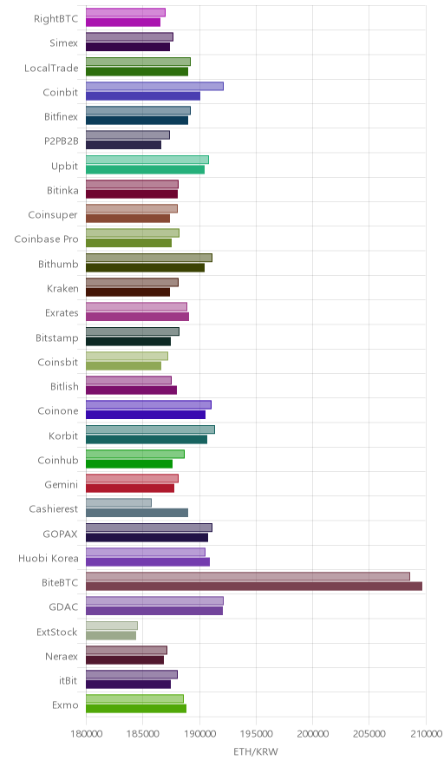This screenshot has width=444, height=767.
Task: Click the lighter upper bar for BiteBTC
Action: tap(248, 576)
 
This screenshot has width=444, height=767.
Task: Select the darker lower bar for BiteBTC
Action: tap(254, 586)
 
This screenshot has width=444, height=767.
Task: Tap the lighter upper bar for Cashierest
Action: tap(119, 503)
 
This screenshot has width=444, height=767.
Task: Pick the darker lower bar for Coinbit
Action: tap(143, 95)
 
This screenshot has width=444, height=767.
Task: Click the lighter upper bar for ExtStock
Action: tap(112, 626)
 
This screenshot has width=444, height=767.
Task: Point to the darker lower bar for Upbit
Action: tap(145, 170)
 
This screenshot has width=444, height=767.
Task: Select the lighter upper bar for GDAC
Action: tap(154, 600)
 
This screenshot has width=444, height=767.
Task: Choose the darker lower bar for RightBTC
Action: tap(123, 23)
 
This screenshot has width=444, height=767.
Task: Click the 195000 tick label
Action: tap(256, 734)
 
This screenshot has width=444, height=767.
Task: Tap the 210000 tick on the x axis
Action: tap(426, 734)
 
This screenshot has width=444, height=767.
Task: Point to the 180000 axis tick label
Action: tap(86, 734)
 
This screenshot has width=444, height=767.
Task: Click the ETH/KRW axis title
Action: tap(256, 752)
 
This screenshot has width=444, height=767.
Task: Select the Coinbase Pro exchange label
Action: tap(46, 239)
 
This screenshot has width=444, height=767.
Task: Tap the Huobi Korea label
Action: tap(48, 558)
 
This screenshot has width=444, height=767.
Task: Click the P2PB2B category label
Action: tap(61, 141)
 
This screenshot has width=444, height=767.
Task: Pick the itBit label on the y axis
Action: tap(68, 680)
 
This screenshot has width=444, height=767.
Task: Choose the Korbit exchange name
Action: tap(63, 436)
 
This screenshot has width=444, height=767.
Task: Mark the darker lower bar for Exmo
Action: tap(136, 709)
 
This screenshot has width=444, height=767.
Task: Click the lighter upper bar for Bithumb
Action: tap(149, 258)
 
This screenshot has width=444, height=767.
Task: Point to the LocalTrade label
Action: tap(51, 68)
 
